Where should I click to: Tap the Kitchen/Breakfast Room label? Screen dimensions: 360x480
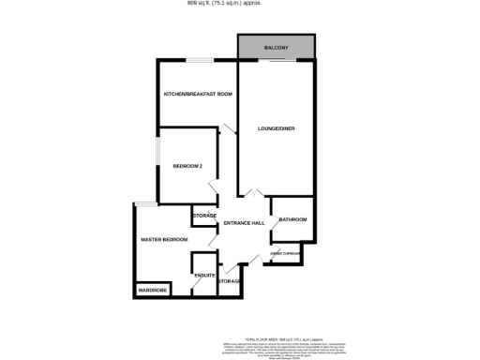[198, 95]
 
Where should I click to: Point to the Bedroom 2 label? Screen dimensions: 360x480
[187, 166]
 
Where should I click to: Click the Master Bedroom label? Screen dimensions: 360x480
[164, 240]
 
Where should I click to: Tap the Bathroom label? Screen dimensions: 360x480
[292, 219]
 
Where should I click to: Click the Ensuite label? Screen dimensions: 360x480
[204, 275]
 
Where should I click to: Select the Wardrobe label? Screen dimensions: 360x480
[153, 291]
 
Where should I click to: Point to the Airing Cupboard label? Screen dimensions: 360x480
[285, 253]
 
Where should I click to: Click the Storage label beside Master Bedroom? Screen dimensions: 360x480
[204, 216]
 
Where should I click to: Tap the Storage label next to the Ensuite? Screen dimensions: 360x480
[230, 281]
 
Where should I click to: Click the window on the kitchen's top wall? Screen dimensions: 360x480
[198, 62]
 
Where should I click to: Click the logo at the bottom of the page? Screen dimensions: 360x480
[284, 354]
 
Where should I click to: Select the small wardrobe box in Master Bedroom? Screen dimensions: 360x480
[153, 291]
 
